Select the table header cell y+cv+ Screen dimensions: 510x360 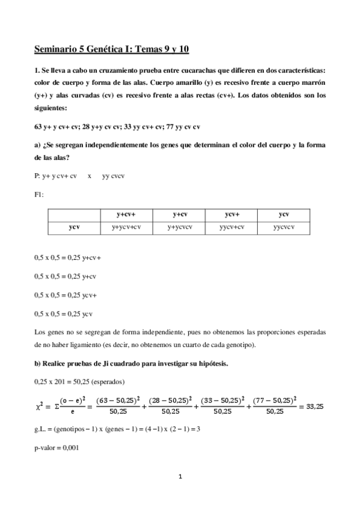(x=126, y=214)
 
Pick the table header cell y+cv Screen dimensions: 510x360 (x=179, y=214)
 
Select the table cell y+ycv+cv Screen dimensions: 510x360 (x=126, y=227)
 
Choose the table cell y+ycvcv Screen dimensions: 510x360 (x=179, y=227)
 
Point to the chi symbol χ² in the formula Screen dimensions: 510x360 (x=40, y=406)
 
